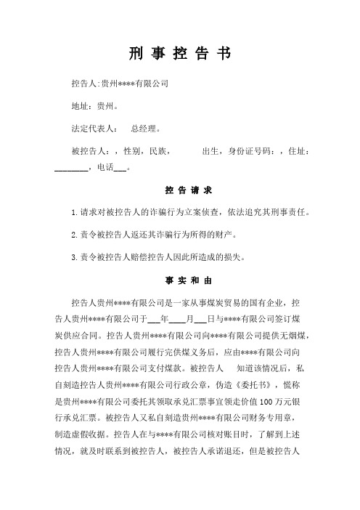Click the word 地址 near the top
pyautogui.click(x=80, y=106)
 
